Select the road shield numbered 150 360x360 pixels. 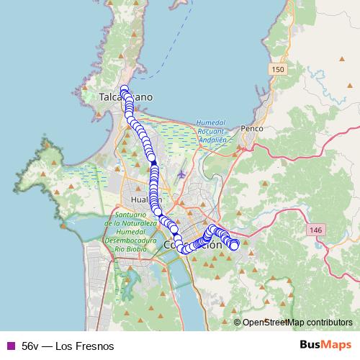click(279, 68)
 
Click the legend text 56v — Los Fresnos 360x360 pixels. click(68, 346)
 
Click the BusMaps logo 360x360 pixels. click(325, 346)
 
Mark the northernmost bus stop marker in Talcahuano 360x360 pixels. click(124, 89)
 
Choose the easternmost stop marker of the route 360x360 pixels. click(234, 246)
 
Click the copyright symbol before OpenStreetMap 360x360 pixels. click(237, 323)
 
